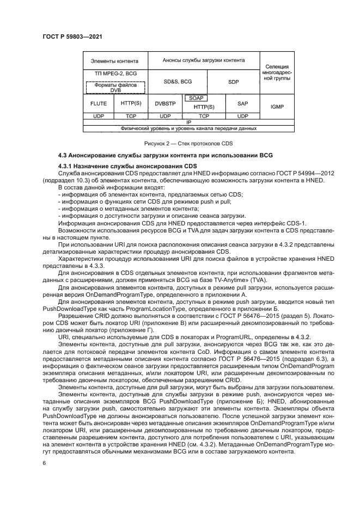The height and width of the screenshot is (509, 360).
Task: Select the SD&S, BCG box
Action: point(178,81)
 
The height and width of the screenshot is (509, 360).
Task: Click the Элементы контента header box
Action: point(114,61)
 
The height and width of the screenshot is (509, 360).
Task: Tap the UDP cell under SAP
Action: point(243,116)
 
